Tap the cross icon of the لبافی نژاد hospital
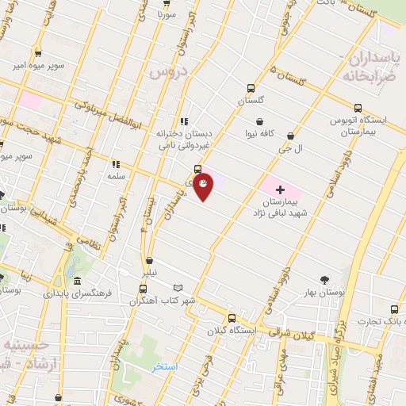coord(280,190)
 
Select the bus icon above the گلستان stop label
coord(251,88)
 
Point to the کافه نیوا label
coord(259,134)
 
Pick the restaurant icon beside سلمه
coord(116,164)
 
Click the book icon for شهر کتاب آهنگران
coord(178,288)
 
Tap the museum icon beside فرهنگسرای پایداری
coord(77,282)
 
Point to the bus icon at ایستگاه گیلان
coord(232,318)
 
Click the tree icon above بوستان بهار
coord(324,280)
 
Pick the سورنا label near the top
coord(167,14)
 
